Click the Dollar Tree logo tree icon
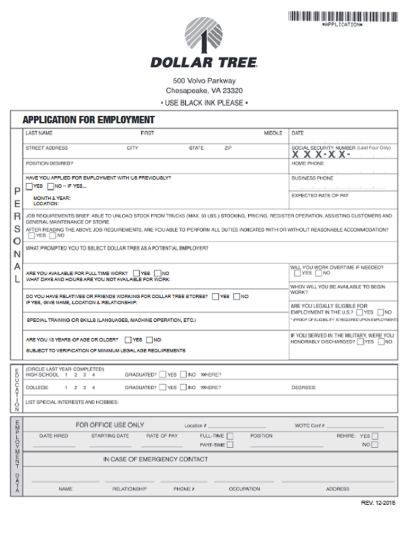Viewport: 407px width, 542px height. coord(203,35)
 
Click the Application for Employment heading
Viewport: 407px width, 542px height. coord(89,120)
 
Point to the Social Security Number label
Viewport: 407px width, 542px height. coord(341,148)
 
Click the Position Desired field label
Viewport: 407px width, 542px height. coord(50,163)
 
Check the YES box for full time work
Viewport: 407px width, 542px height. coord(136,273)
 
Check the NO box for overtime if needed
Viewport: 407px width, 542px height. coord(317,273)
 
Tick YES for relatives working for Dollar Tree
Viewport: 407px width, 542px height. coord(215,296)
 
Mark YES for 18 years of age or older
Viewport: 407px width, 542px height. coord(128,339)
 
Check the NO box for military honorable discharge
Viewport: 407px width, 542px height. coord(381,342)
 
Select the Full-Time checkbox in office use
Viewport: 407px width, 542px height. coord(231,436)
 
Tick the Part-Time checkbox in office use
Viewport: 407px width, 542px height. coord(231,444)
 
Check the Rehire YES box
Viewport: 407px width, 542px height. coord(374,436)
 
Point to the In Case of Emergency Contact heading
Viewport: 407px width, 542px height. coord(155,459)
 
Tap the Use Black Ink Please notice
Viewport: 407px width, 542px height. coord(204,102)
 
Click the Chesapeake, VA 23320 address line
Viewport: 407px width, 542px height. coord(204,91)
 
